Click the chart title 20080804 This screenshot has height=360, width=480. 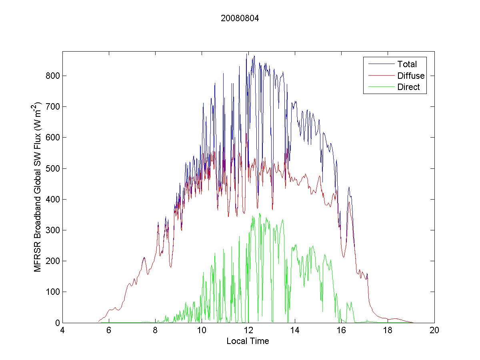240,18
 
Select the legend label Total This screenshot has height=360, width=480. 407,64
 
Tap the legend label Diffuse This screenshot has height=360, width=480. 411,76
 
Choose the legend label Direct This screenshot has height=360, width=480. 408,87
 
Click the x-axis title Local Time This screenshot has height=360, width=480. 248,341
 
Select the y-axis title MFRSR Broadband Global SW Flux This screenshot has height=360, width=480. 38,187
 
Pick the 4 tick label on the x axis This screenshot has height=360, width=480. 62,331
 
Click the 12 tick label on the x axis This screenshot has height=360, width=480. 248,331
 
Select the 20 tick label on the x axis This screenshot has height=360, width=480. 434,331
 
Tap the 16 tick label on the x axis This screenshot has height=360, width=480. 341,331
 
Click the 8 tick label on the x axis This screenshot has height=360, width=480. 155,331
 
